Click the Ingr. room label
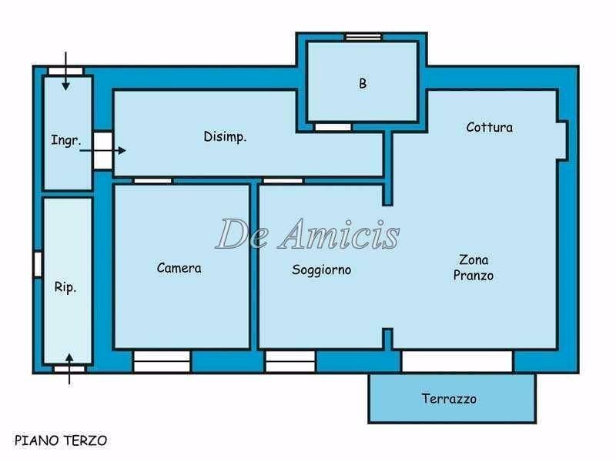(x=65, y=140)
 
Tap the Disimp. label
(x=225, y=137)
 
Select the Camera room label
(x=179, y=268)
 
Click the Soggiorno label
(x=321, y=269)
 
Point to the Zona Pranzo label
(x=473, y=267)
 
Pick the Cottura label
(x=489, y=127)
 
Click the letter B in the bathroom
(x=363, y=84)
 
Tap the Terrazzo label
(x=449, y=398)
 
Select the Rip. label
(x=65, y=287)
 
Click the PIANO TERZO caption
(x=61, y=440)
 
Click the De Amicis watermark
(x=307, y=233)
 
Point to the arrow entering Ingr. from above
(x=66, y=71)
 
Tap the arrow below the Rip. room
(x=69, y=368)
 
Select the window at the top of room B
(x=363, y=36)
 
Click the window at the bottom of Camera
(x=162, y=361)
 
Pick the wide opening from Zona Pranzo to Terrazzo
(x=457, y=361)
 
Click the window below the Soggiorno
(x=290, y=361)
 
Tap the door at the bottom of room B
(x=333, y=126)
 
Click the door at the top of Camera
(x=152, y=181)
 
